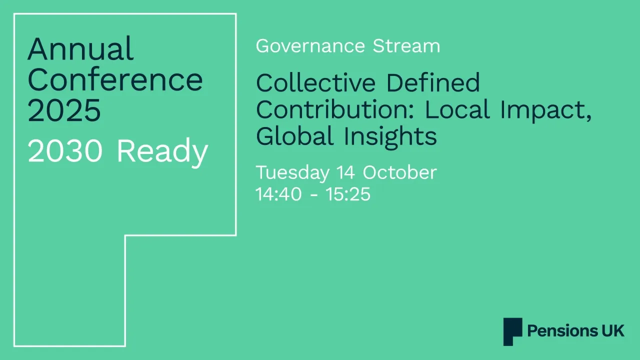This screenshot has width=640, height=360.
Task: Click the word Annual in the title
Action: [x=80, y=49]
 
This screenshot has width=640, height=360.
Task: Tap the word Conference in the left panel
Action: [x=115, y=79]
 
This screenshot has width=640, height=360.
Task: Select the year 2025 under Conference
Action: [x=64, y=110]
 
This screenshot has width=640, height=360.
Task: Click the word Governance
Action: [x=310, y=46]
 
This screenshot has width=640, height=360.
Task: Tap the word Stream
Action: [x=406, y=46]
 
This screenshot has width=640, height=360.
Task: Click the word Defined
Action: [x=432, y=82]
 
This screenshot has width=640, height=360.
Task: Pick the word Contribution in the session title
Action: [x=336, y=109]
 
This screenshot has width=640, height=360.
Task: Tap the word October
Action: [x=399, y=172]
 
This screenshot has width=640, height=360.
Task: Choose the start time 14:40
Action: [x=278, y=194]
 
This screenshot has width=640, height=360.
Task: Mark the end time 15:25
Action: [x=348, y=194]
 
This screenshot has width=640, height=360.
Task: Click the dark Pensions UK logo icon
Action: [x=512, y=331]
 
